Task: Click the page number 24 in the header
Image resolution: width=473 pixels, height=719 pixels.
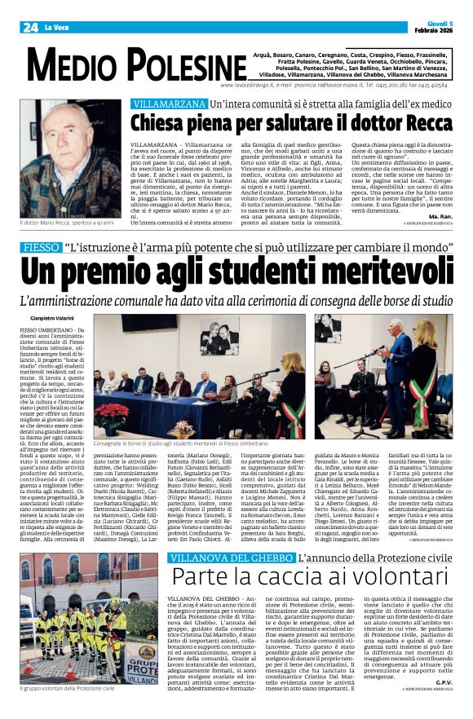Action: point(30,28)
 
